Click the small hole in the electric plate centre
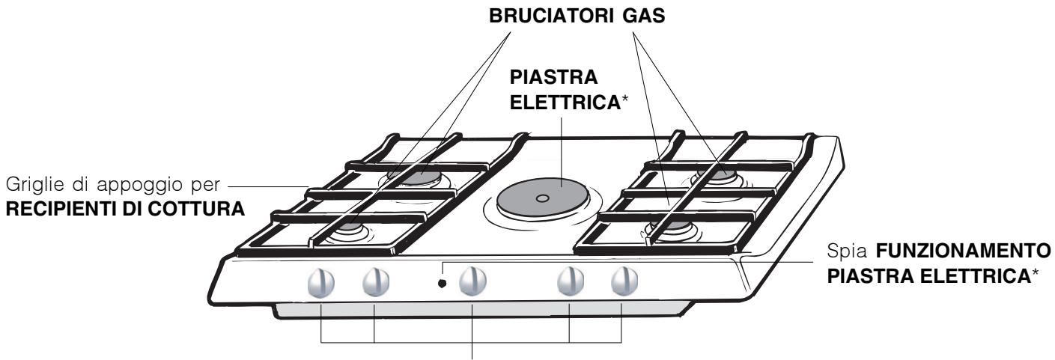point(543,198)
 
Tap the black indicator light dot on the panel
point(443,284)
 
